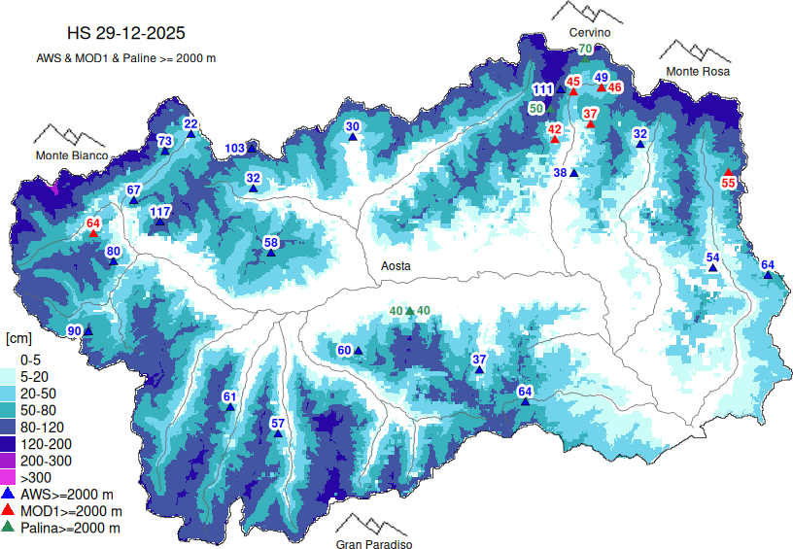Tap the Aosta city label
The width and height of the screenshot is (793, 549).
[x=396, y=265]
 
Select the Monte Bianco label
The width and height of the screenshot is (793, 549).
[x=73, y=155]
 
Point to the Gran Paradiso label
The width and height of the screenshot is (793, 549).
[x=374, y=544]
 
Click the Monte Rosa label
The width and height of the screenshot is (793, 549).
[x=697, y=72]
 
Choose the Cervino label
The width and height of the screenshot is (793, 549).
[x=589, y=33]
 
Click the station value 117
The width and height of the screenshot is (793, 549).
[x=160, y=212]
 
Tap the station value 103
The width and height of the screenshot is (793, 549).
[x=235, y=149]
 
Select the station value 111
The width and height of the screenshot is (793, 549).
[x=542, y=90]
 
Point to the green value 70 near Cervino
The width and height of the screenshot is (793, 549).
[x=585, y=50]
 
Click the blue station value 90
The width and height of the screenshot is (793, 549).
[x=74, y=332]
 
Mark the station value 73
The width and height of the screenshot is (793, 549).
[x=165, y=141]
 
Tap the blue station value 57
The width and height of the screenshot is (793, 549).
[x=277, y=423]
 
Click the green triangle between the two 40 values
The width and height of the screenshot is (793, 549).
[x=410, y=310]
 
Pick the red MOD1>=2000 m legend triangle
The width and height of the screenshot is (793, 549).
[x=8, y=510]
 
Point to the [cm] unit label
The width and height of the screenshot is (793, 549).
[x=18, y=338]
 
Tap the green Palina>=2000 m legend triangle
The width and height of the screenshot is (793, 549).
[x=8, y=527]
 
